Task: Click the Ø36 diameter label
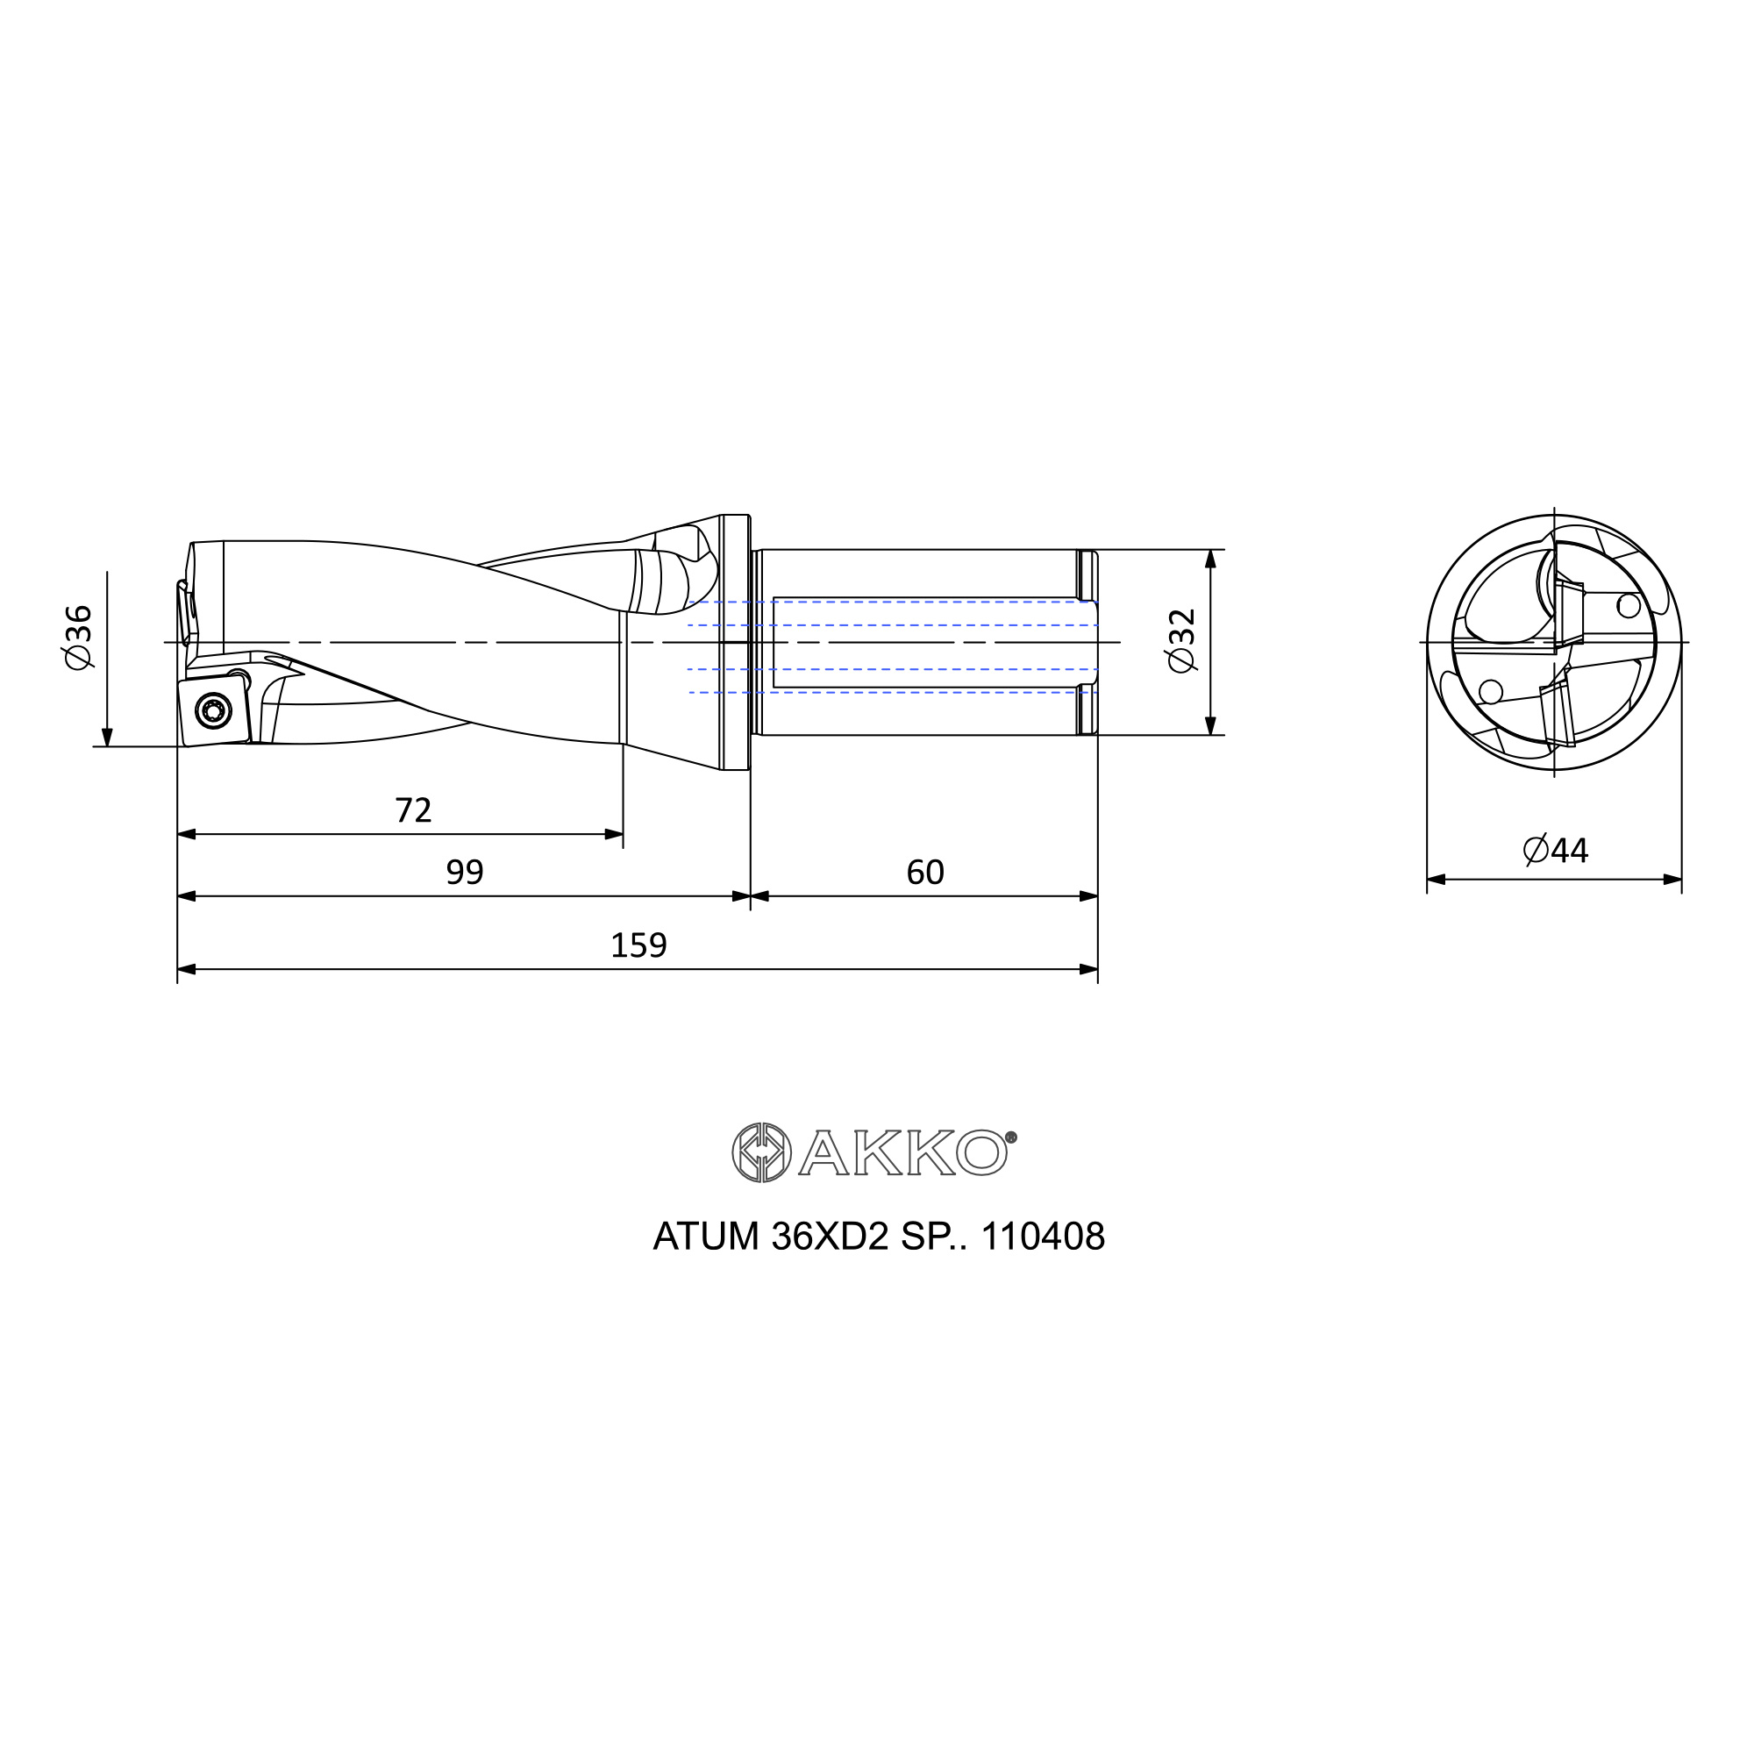point(78,638)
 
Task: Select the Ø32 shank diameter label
point(1182,641)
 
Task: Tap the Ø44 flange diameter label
point(1555,851)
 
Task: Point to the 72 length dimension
point(413,809)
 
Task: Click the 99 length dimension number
point(465,873)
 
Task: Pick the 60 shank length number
point(925,873)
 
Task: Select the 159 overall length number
point(638,945)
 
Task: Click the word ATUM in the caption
point(705,1237)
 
